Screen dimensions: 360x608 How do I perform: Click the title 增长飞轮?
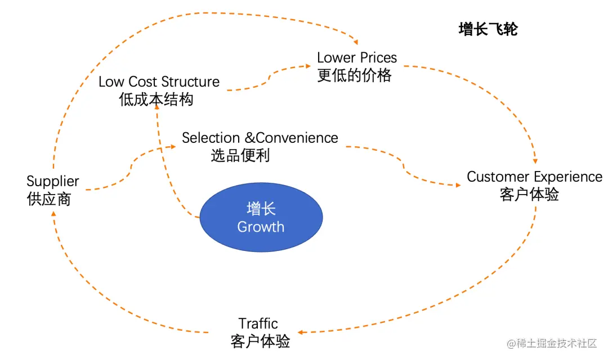coord(488,30)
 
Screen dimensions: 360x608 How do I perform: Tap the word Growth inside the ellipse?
coord(261,227)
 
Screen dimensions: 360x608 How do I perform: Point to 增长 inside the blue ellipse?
coord(261,209)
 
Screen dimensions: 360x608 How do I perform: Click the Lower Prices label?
coord(357,57)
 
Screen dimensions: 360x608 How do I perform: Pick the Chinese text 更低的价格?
coord(354,75)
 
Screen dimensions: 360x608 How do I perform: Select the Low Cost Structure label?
coord(159,82)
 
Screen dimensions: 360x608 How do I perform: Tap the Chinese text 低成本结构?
coord(156,99)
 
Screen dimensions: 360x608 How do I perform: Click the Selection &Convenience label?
coord(260,138)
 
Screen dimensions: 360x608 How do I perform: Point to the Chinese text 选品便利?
coord(240,155)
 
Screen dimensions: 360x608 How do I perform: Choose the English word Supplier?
coord(53,182)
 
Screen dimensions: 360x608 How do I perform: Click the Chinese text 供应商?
coord(49,199)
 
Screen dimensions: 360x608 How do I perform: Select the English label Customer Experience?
coord(534,177)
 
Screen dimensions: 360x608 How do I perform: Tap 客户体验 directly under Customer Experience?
coord(529,194)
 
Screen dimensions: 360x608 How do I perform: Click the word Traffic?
coord(258,323)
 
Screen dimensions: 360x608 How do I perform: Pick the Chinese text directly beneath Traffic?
coord(260,341)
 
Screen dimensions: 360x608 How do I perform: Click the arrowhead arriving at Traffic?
coord(298,333)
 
